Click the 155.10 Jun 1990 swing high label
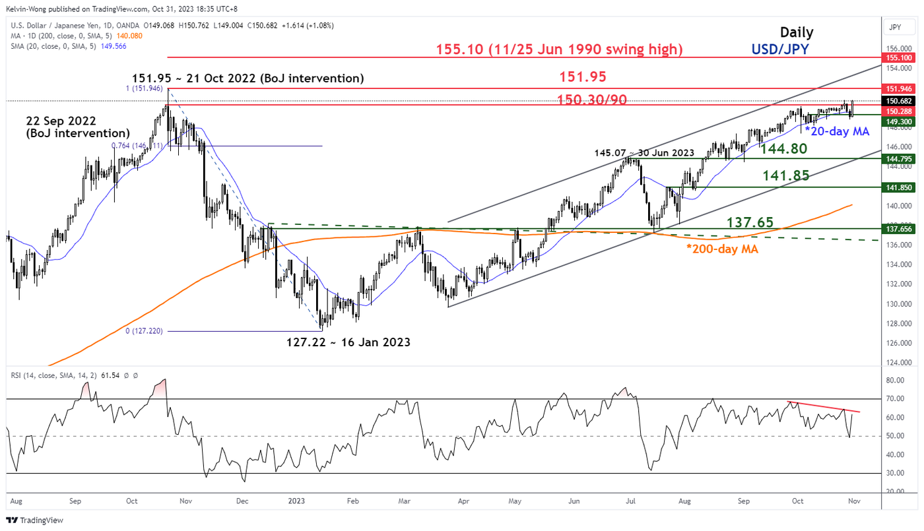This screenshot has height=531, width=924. (559, 49)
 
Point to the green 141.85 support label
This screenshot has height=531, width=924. (787, 175)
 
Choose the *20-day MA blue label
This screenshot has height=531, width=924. (836, 131)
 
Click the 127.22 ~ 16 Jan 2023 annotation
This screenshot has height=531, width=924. (348, 342)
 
